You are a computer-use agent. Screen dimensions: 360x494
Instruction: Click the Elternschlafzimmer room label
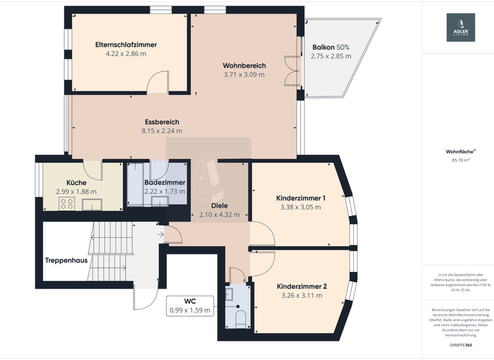point(126,45)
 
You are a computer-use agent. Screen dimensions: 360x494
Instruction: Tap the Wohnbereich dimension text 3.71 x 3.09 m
point(244,75)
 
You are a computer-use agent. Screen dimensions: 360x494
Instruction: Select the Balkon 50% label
point(331,47)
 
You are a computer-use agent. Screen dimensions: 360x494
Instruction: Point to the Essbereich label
point(161,122)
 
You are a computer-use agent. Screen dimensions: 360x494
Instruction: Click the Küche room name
point(76,183)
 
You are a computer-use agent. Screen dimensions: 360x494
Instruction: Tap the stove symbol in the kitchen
point(67,204)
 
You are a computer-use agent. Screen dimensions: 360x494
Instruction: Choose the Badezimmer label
point(165,183)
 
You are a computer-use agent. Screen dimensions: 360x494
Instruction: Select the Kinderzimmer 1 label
point(300,198)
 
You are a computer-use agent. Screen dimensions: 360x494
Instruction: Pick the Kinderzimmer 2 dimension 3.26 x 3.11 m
point(302,296)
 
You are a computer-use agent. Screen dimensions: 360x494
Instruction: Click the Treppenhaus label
point(66,260)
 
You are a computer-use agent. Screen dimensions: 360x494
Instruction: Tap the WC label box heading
point(190,301)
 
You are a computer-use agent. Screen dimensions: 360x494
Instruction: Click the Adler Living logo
point(461,28)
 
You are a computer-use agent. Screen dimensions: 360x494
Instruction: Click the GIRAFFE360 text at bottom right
point(460,345)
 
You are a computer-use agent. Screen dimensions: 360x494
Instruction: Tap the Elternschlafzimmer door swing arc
point(155,83)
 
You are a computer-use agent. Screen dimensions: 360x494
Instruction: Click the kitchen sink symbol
point(91,204)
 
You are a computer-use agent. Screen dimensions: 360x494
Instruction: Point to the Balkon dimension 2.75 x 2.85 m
point(331,57)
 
